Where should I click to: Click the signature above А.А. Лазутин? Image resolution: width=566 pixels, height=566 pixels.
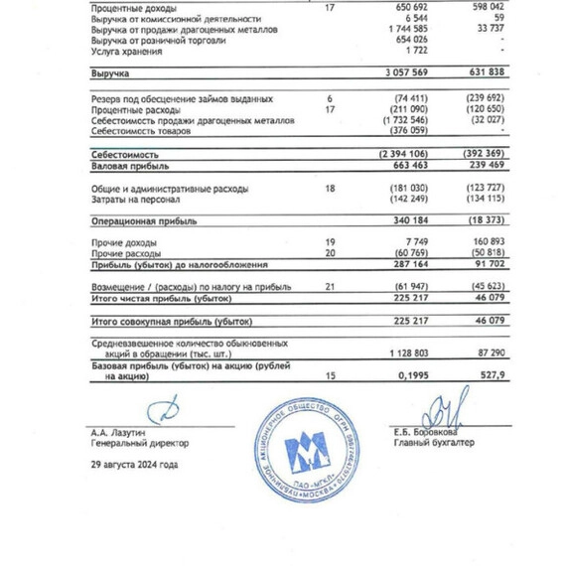pyautogui.click(x=162, y=410)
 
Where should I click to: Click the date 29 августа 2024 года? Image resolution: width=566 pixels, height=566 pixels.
pyautogui.click(x=134, y=465)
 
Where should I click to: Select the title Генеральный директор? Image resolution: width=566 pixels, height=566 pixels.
pyautogui.click(x=139, y=444)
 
